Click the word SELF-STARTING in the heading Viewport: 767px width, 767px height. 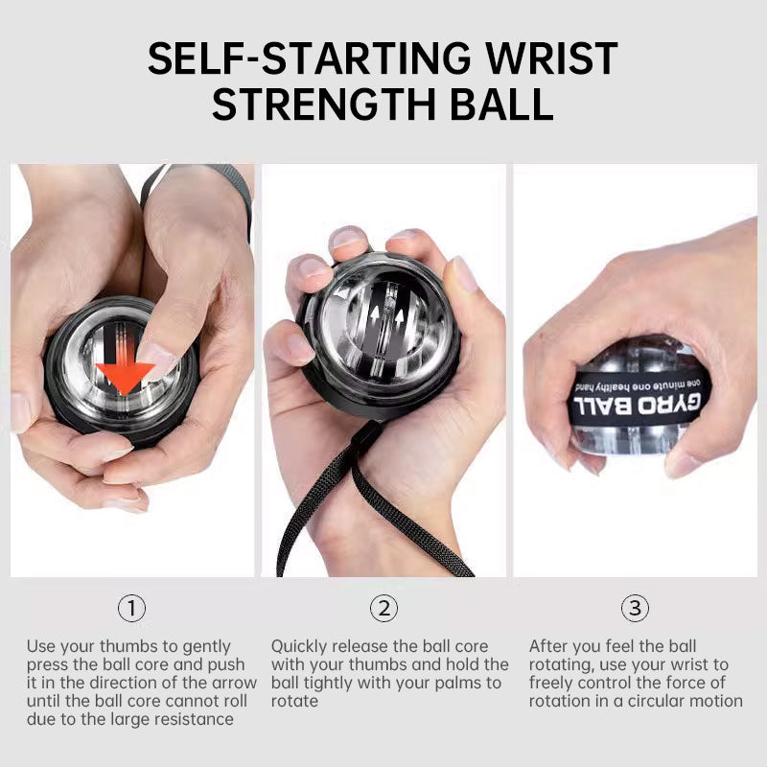(x=298, y=59)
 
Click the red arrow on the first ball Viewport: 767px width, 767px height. (x=126, y=375)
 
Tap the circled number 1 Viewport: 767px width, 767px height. (x=132, y=608)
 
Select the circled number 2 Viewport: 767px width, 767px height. (x=383, y=608)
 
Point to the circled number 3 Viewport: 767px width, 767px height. (x=635, y=608)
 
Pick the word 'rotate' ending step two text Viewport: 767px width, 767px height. (x=294, y=701)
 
